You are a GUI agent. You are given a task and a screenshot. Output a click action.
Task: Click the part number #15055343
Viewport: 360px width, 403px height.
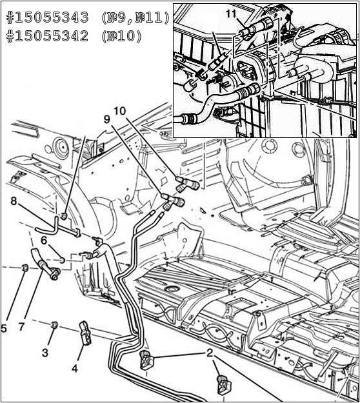pyautogui.click(x=48, y=18)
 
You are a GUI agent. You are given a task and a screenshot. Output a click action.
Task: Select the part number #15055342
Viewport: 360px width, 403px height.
pyautogui.click(x=48, y=37)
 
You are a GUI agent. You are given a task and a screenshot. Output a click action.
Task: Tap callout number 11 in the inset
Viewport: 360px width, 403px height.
pyautogui.click(x=231, y=14)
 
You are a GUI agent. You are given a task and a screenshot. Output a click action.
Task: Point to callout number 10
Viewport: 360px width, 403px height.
pyautogui.click(x=120, y=111)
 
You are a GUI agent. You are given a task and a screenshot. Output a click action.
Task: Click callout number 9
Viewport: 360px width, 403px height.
pyautogui.click(x=107, y=119)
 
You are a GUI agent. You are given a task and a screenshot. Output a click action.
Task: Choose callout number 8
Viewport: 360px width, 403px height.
pyautogui.click(x=14, y=201)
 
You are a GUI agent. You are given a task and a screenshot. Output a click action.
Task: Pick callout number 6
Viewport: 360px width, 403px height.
pyautogui.click(x=44, y=241)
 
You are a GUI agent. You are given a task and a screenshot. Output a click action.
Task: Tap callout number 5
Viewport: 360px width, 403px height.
pyautogui.click(x=4, y=328)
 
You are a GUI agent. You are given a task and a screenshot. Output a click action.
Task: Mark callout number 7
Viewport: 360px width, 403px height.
pyautogui.click(x=21, y=327)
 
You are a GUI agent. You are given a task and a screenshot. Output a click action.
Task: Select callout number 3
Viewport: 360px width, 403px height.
pyautogui.click(x=45, y=353)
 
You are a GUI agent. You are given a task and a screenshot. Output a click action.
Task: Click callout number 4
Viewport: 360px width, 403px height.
pyautogui.click(x=75, y=369)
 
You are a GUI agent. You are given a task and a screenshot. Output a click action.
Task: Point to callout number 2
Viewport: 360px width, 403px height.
pyautogui.click(x=210, y=353)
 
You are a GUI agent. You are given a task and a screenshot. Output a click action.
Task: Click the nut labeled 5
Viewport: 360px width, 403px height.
pyautogui.click(x=25, y=268)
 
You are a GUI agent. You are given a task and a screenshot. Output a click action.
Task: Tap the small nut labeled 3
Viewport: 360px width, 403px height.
pyautogui.click(x=54, y=325)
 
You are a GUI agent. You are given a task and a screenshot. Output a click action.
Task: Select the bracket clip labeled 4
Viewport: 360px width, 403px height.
pyautogui.click(x=85, y=333)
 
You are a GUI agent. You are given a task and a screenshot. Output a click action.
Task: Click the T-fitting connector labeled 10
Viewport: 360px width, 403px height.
pyautogui.click(x=188, y=184)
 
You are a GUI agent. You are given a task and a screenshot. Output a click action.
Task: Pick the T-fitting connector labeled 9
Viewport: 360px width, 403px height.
pyautogui.click(x=173, y=202)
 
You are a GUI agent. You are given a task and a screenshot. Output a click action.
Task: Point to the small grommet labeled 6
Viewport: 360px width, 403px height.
pyautogui.click(x=62, y=260)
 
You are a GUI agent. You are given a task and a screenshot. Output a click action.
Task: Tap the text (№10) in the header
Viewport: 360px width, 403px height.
pyautogui.click(x=121, y=37)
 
